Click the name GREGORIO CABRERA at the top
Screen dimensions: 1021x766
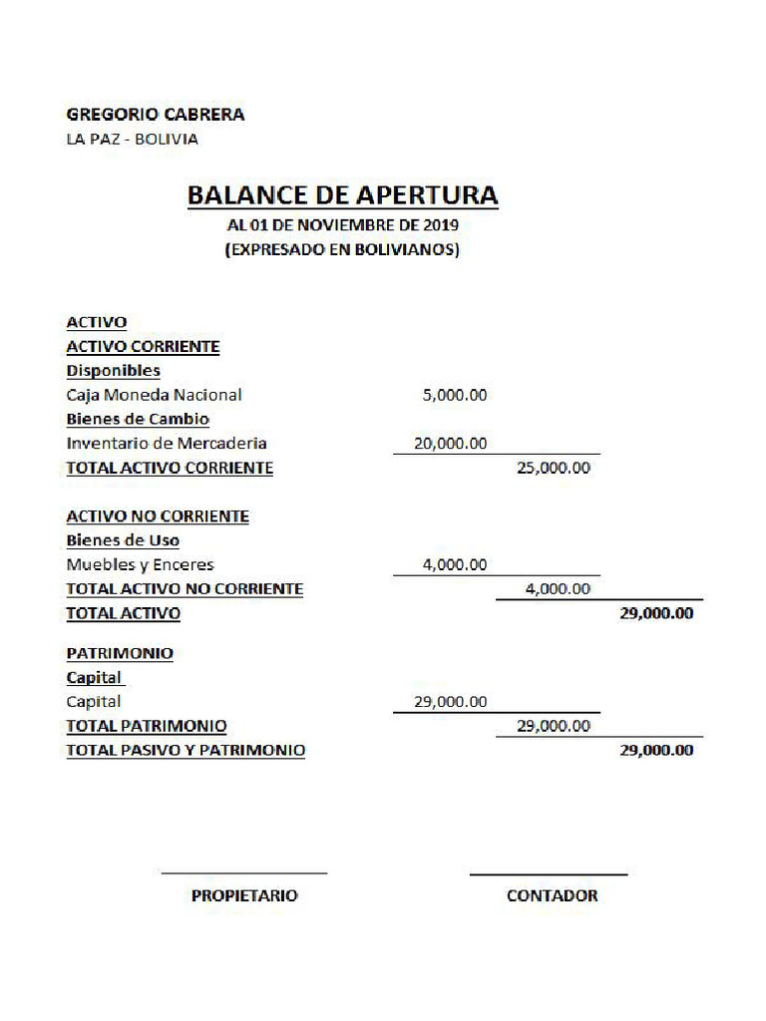[x=155, y=115]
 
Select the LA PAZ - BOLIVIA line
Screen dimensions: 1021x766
[x=132, y=139]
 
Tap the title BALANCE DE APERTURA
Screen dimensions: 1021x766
[x=342, y=194]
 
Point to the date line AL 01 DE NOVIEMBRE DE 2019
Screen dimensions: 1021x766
[x=342, y=226]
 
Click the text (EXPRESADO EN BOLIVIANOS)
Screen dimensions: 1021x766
[x=342, y=250]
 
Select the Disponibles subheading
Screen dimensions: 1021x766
[x=113, y=371]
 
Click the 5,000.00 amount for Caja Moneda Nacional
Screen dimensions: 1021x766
[x=455, y=395]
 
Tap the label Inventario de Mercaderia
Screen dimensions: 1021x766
[x=167, y=443]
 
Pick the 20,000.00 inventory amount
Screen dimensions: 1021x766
[x=451, y=443]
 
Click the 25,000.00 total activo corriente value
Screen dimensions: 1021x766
[x=554, y=468]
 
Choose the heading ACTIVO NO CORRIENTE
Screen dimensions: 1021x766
[x=158, y=516]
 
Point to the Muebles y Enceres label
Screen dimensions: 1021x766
[x=140, y=564]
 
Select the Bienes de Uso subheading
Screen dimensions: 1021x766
[x=123, y=540]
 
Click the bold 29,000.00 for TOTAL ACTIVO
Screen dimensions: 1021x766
[x=656, y=613]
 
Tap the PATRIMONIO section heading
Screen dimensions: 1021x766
[x=120, y=654]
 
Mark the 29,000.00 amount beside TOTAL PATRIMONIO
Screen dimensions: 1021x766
[x=554, y=726]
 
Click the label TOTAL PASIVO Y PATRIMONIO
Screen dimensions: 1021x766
[x=186, y=750]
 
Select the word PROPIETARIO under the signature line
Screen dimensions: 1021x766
[x=244, y=895]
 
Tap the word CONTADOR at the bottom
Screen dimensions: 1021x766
[x=552, y=895]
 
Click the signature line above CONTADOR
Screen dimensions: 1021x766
[x=549, y=874]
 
